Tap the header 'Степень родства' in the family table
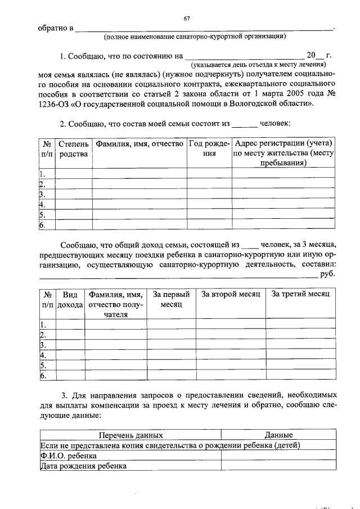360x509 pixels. (x=74, y=149)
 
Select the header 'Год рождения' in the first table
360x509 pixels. (x=209, y=149)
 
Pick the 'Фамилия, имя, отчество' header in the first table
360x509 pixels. (x=139, y=145)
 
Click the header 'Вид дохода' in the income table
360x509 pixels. (x=70, y=299)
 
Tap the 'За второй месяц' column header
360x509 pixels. (x=231, y=294)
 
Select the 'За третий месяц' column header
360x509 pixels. (x=300, y=294)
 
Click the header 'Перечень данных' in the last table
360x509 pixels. (x=130, y=435)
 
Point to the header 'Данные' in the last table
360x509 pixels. (x=279, y=435)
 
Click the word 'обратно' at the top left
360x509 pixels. (x=51, y=28)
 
